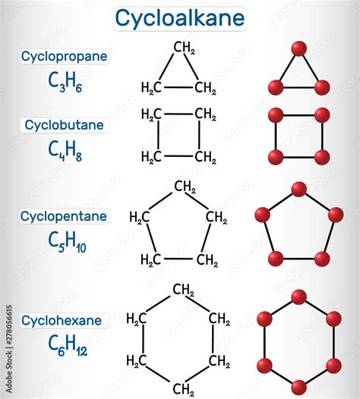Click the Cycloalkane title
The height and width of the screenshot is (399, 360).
[x=180, y=17]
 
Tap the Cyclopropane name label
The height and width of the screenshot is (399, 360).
[x=65, y=56]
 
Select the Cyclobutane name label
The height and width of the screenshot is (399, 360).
[x=65, y=125]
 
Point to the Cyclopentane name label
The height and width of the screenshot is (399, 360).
[x=64, y=216]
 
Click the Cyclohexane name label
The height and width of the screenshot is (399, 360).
[x=62, y=320]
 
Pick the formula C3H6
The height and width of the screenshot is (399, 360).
[x=65, y=82]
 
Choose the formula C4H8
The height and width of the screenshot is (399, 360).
[x=65, y=151]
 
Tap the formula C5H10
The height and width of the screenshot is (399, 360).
[x=67, y=243]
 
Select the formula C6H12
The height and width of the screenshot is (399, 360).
[x=68, y=345]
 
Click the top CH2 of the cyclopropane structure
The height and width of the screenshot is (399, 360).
[x=185, y=48]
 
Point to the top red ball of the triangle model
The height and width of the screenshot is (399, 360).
[x=298, y=49]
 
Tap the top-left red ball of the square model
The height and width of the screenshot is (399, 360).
[x=276, y=115]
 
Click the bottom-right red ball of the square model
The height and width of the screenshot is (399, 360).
[x=322, y=157]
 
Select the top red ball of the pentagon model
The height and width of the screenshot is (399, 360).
[x=298, y=190]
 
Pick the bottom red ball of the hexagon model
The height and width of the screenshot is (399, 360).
[x=298, y=388]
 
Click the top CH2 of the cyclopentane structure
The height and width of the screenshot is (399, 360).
[x=185, y=187]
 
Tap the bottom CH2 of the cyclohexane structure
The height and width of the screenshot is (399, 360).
[x=183, y=390]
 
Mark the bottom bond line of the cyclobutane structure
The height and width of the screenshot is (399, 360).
[x=178, y=156]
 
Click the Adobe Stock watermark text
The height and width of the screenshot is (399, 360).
[x=8, y=349]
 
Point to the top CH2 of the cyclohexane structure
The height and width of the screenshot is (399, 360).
[x=183, y=290]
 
